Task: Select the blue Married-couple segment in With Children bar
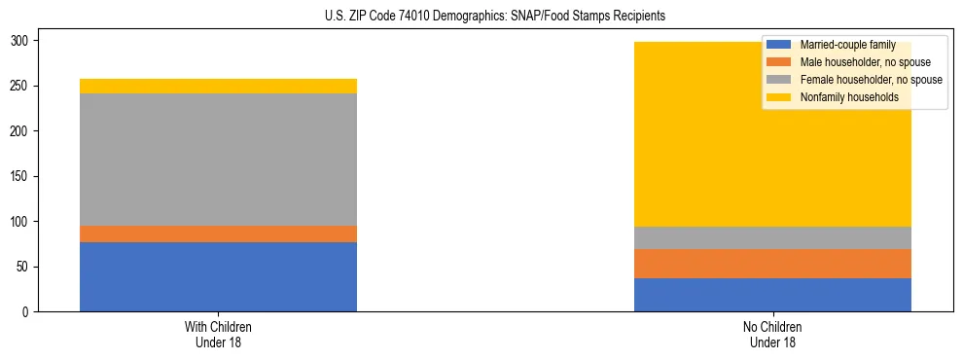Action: coord(218,276)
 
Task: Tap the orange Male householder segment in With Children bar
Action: coord(218,234)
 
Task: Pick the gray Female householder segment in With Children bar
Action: coord(218,160)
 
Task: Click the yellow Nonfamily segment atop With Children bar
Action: coord(218,86)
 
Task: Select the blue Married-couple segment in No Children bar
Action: coord(772,295)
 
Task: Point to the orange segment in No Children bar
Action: coord(772,264)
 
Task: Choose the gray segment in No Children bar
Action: coord(772,237)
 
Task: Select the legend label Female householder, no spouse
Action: coord(869,80)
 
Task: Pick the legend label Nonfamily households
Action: coord(842,97)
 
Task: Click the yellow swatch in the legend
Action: coord(779,97)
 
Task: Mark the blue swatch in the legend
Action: coord(779,45)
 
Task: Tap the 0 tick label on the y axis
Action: coord(31,311)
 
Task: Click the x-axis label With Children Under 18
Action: coord(218,334)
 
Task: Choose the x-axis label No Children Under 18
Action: coord(772,334)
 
